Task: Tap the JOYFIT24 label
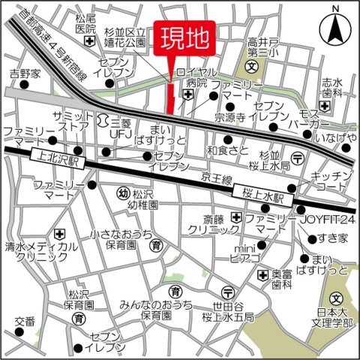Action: click(328, 220)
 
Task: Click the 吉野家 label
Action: click(24, 74)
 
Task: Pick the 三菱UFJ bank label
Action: click(121, 127)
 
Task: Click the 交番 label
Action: click(24, 322)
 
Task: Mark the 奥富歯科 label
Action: click(281, 280)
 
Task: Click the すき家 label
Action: click(332, 238)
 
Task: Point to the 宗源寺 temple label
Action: click(230, 117)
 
